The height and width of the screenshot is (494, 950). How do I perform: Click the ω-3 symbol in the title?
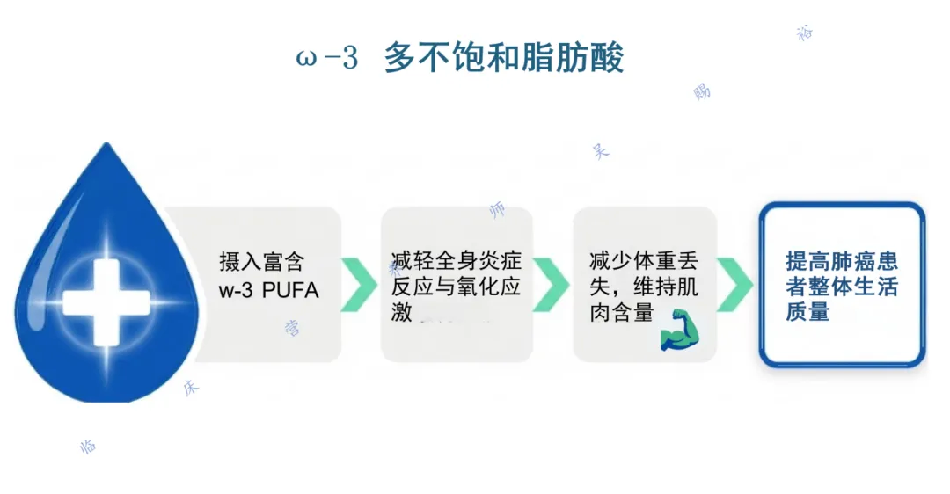click(327, 59)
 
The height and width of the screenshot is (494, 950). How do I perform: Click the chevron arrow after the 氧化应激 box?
click(551, 284)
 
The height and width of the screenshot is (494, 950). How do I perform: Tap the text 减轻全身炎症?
click(457, 262)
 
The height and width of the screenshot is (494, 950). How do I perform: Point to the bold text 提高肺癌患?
click(842, 261)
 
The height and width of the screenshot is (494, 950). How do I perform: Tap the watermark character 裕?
click(805, 33)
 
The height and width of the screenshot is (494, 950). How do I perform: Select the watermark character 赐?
click(702, 91)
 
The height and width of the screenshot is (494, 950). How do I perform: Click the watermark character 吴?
click(601, 150)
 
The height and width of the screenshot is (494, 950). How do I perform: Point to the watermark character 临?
click(88, 447)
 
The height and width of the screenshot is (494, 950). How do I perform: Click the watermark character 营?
click(292, 329)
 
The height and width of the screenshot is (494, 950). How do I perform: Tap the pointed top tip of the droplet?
click(106, 146)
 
